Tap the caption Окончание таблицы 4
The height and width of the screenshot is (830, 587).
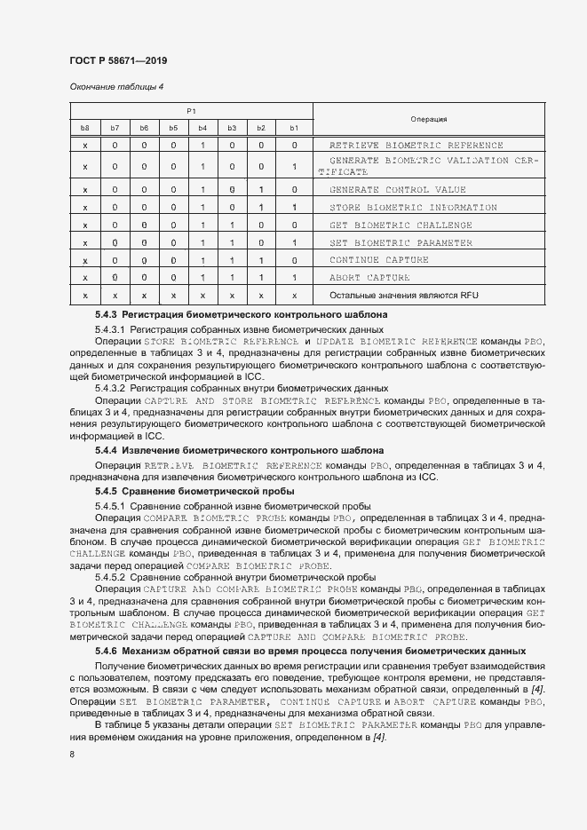pyautogui.click(x=116, y=86)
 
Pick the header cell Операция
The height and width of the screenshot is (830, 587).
pyautogui.click(x=429, y=119)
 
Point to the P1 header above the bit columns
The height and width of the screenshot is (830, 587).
pyautogui.click(x=190, y=110)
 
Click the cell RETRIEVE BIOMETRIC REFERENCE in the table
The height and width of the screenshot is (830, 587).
pyautogui.click(x=416, y=145)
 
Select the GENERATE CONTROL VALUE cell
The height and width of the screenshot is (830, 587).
pyautogui.click(x=397, y=189)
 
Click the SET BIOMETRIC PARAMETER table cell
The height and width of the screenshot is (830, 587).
pyautogui.click(x=401, y=242)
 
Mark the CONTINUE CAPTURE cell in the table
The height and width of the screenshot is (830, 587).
pyautogui.click(x=379, y=260)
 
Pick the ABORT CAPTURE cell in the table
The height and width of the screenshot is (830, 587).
pyautogui.click(x=369, y=278)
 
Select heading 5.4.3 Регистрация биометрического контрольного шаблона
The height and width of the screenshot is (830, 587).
pyautogui.click(x=240, y=315)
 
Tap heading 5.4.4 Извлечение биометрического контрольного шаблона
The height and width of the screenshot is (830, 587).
pyautogui.click(x=239, y=450)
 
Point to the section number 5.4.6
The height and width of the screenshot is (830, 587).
pyautogui.click(x=106, y=652)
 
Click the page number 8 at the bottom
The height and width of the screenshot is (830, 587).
pyautogui.click(x=72, y=755)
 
